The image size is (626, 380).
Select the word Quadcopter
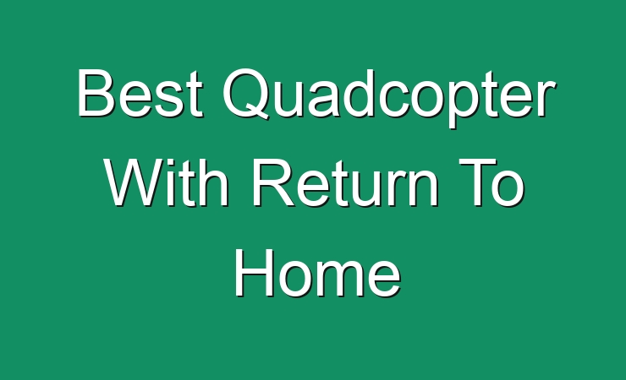388,98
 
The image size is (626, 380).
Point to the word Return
344,182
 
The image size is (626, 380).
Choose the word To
491,182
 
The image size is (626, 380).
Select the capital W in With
135,182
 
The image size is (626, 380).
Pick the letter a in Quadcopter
324,99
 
